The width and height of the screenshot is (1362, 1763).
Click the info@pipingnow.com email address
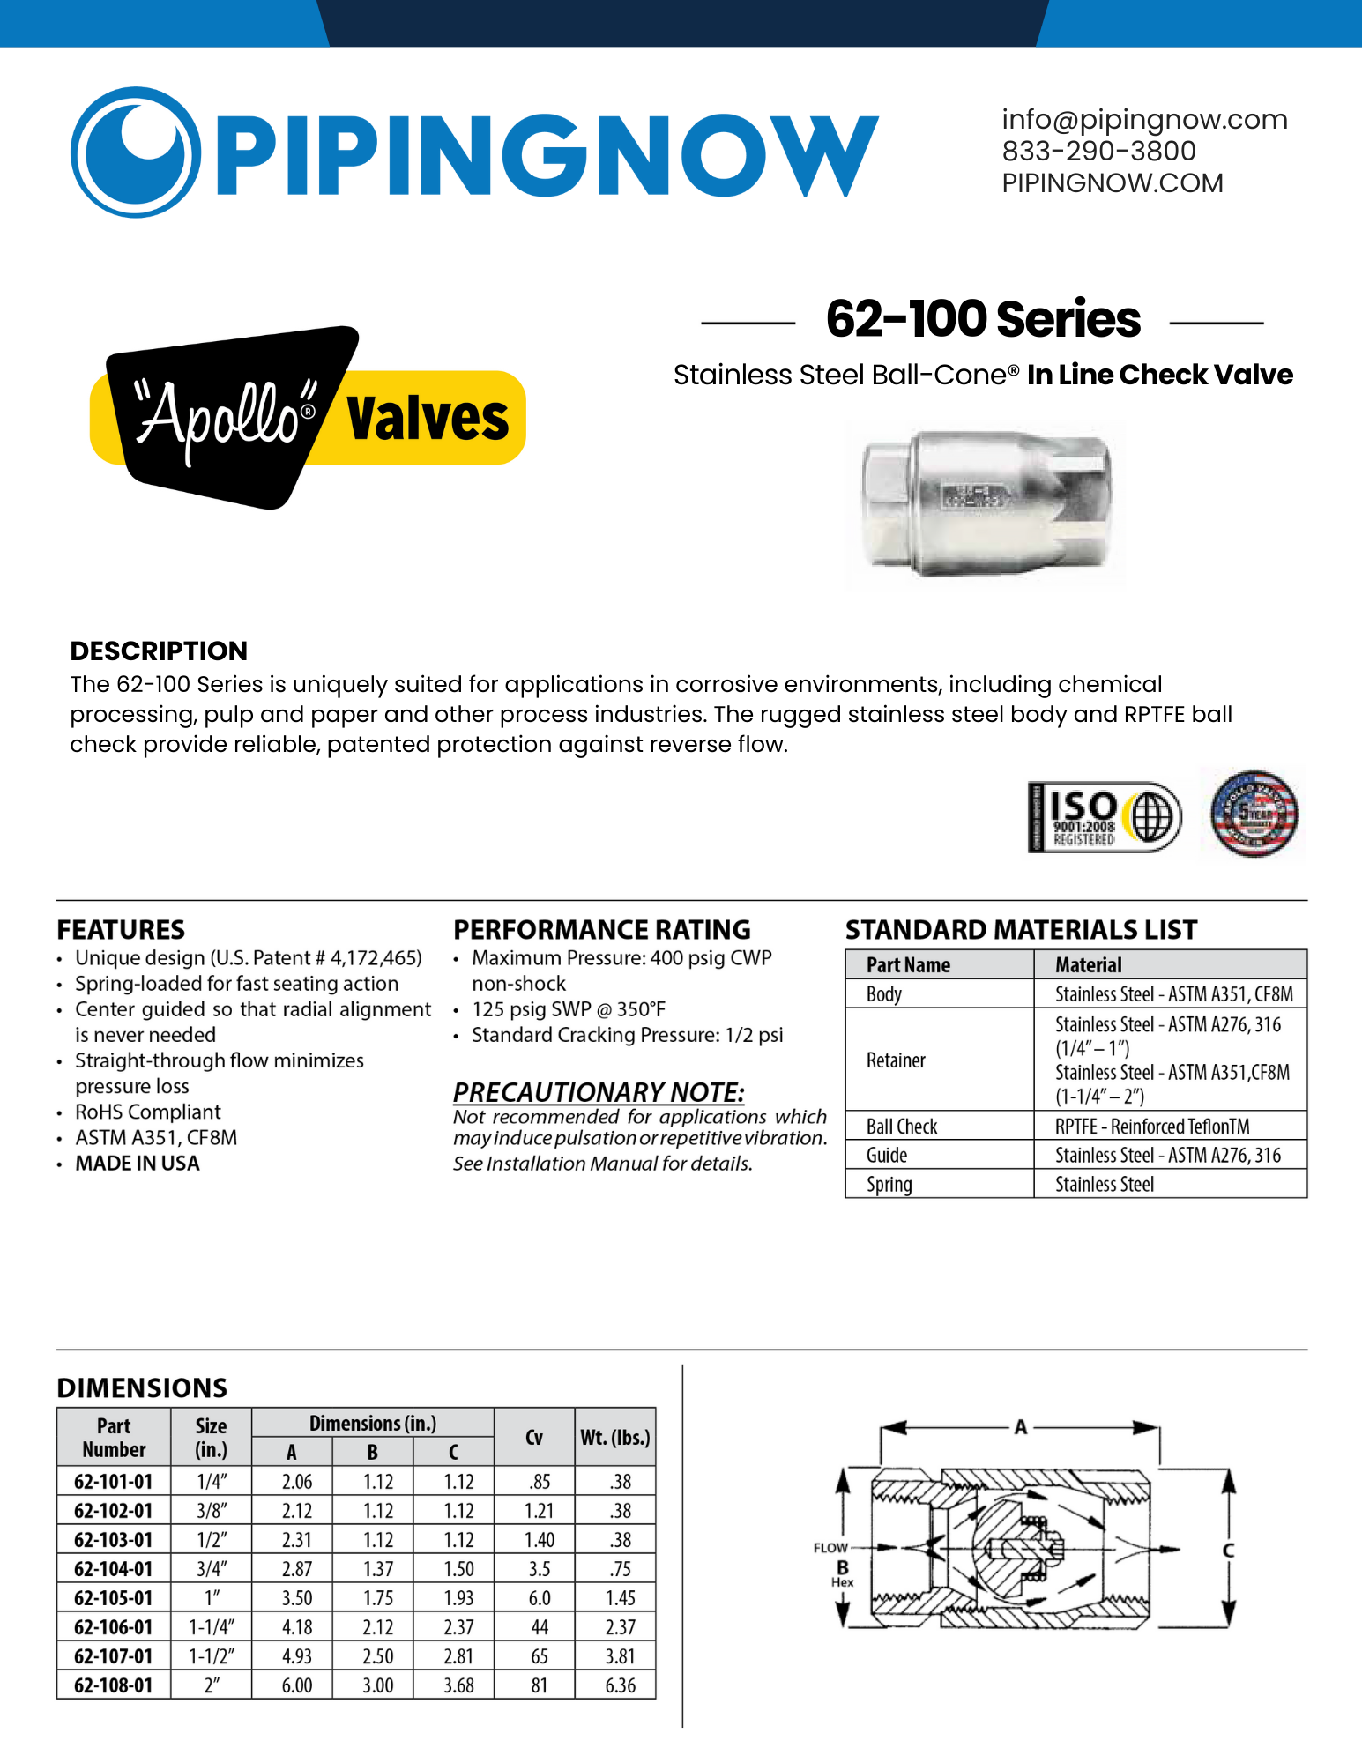[1144, 120]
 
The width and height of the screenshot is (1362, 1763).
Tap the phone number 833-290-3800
[1098, 152]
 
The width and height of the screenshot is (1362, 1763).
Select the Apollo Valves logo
[308, 418]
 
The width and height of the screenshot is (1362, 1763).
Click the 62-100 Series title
[983, 319]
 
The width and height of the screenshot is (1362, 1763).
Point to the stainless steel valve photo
[986, 503]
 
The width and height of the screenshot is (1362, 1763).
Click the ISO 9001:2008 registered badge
[1104, 817]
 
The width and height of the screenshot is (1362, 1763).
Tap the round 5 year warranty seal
[1254, 813]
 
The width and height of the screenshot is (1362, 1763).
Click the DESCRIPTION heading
[159, 651]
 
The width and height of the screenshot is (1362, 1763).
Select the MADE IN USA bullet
[138, 1164]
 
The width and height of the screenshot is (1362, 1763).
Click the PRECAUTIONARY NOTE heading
[599, 1092]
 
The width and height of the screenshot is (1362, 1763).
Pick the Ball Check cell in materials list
[902, 1127]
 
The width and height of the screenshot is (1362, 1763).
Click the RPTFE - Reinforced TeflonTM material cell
[1152, 1127]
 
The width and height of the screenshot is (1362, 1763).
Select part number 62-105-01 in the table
[114, 1598]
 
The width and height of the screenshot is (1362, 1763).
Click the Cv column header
[534, 1438]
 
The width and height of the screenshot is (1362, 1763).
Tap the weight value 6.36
[620, 1685]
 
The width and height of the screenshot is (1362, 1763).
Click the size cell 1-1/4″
[212, 1627]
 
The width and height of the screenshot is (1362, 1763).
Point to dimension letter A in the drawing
[1020, 1427]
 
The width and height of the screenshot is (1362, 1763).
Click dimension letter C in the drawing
[1228, 1551]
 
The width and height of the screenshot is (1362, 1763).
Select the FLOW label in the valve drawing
[830, 1548]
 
